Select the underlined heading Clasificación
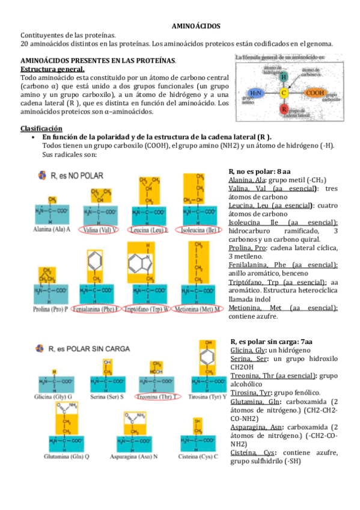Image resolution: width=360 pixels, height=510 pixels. pos(41,129)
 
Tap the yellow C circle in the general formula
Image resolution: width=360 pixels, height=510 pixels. pos(284,93)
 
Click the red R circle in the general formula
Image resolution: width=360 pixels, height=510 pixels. pos(284,109)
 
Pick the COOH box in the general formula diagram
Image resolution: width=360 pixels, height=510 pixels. pos(315,93)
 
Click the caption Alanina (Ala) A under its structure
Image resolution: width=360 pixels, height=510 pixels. pos(53,230)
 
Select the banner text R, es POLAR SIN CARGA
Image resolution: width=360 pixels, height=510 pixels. pos(91,348)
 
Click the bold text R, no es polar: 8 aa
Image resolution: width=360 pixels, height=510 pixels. pos(260,171)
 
